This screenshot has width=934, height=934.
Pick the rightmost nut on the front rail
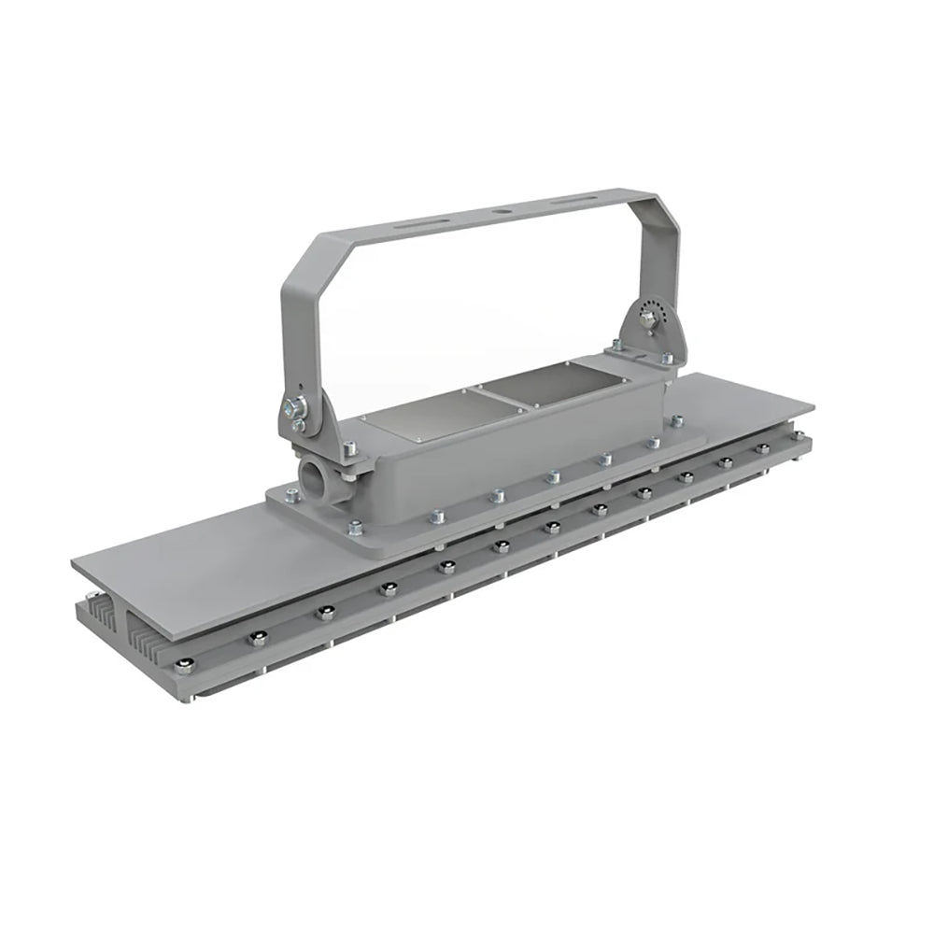[764, 449]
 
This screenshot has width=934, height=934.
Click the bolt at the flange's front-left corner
[359, 529]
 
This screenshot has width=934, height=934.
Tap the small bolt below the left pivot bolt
[298, 426]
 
